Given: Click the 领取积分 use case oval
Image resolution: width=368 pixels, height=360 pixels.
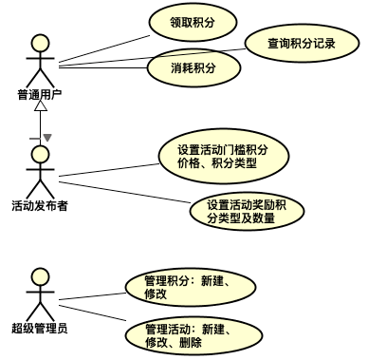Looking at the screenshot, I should pos(193,20).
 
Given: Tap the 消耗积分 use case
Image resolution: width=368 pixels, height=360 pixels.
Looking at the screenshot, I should pos(193,67).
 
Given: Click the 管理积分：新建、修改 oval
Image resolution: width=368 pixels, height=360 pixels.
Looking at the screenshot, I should pos(187,287).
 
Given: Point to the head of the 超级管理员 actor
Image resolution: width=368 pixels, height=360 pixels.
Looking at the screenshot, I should pos(39,277).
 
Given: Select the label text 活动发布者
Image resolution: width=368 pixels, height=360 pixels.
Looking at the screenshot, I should pos(39,205).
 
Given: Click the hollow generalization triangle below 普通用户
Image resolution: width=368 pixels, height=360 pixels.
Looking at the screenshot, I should pos(40,107).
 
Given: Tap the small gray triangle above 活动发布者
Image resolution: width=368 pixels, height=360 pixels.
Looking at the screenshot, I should pos(46,139).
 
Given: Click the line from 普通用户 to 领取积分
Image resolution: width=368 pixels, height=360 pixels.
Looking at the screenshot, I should pos(104,49).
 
